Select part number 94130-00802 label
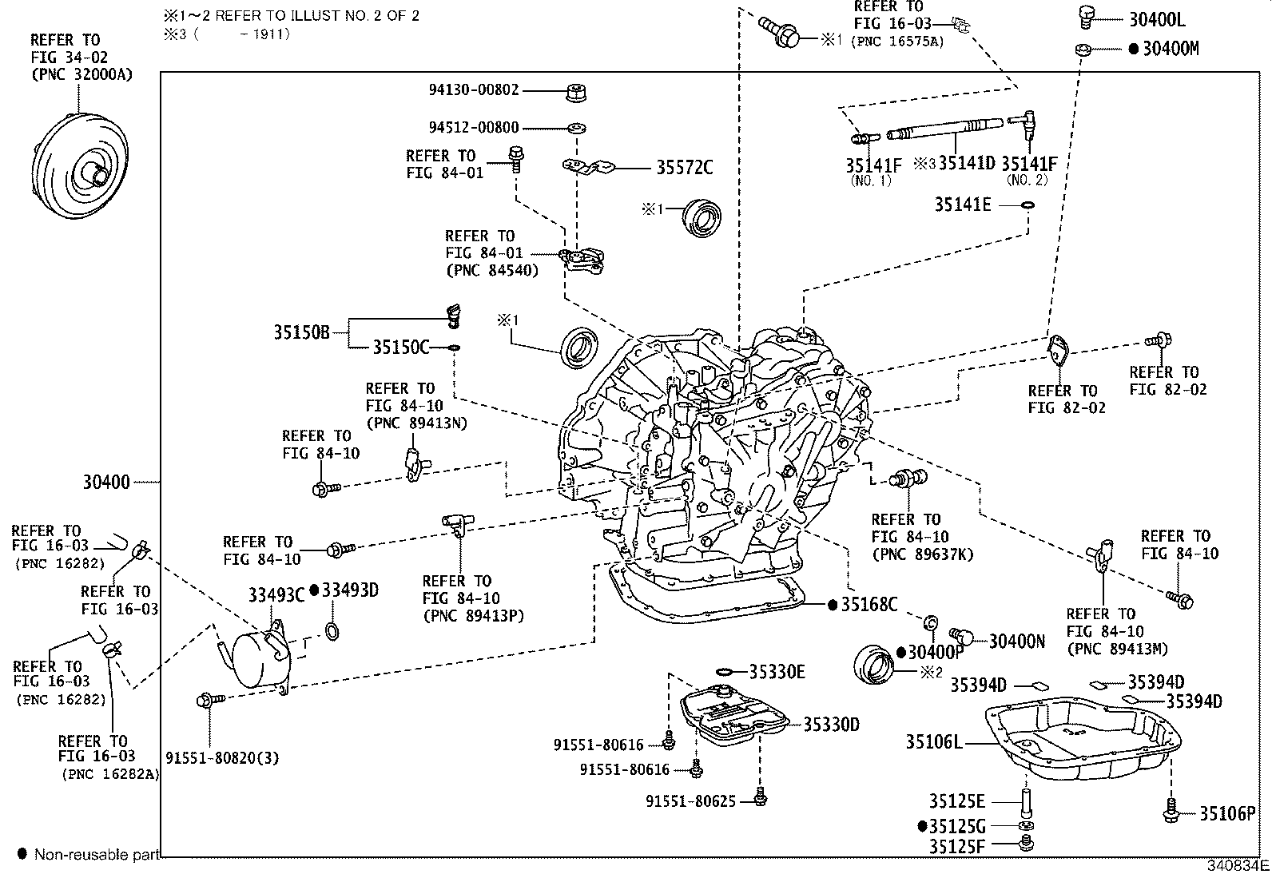coord(472,90)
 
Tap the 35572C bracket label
coord(684,168)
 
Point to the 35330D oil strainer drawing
coord(731,717)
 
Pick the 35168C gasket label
coord(869,605)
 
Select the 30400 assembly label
coord(106,483)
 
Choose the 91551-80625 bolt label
coord(691,801)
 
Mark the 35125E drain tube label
coord(956,801)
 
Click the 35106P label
coord(1227,814)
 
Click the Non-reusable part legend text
coord(97,855)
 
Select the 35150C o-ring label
coord(401,348)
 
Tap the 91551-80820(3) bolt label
coord(222,757)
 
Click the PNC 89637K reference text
coord(922,554)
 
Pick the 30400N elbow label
coord(1016,641)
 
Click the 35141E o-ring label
coord(963,205)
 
